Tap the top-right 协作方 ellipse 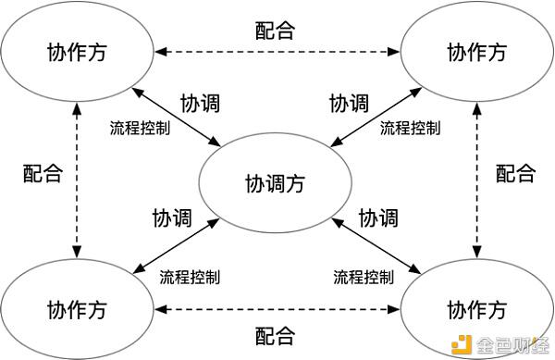coord(475,52)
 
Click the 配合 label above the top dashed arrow coord(275,29)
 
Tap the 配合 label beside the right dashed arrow coord(514,172)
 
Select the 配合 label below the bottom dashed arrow coord(275,334)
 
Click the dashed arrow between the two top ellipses coord(275,48)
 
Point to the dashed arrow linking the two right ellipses coord(477,180)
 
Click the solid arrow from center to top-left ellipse coord(180,118)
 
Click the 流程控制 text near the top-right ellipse coord(411,128)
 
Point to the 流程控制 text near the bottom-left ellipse coord(191,276)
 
